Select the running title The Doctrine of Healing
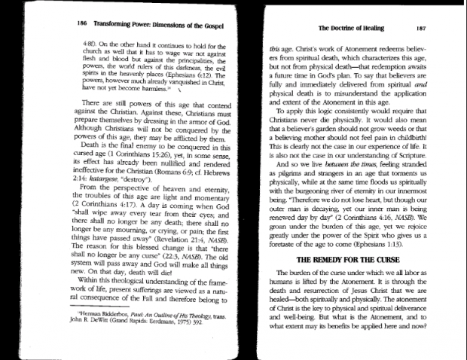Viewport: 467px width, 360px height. point(345,27)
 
